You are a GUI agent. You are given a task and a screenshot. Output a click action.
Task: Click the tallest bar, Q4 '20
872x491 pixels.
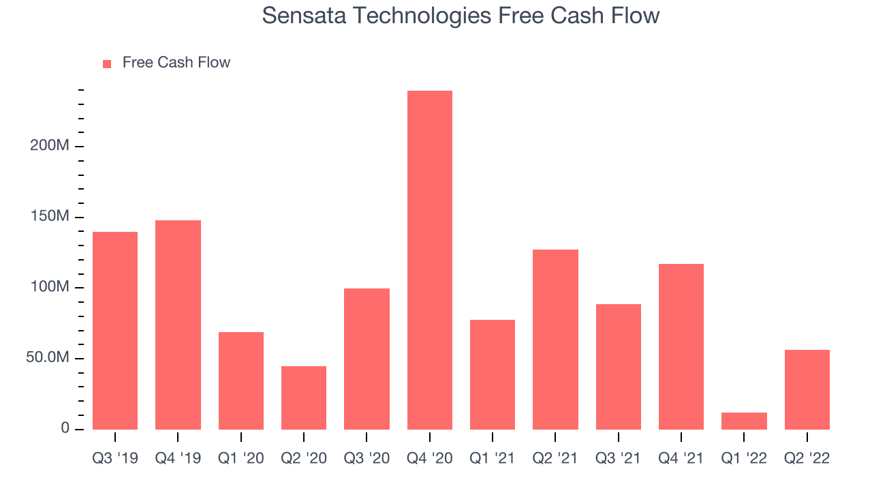pyautogui.click(x=430, y=260)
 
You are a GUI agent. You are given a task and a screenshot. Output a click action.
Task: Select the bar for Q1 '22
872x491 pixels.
pyautogui.click(x=744, y=421)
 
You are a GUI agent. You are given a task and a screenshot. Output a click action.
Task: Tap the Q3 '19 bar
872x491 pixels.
pyautogui.click(x=115, y=331)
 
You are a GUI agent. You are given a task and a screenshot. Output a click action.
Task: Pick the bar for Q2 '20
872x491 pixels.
pyautogui.click(x=304, y=398)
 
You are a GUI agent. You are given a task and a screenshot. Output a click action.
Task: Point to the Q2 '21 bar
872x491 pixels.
pyautogui.click(x=555, y=340)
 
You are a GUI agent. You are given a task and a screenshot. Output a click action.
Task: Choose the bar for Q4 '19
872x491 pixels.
pyautogui.click(x=178, y=325)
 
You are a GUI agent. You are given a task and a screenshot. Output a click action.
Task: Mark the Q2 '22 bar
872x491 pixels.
pyautogui.click(x=807, y=389)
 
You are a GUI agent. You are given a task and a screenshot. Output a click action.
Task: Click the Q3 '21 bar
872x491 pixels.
pyautogui.click(x=618, y=367)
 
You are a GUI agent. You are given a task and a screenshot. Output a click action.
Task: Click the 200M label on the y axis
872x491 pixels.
pyautogui.click(x=50, y=145)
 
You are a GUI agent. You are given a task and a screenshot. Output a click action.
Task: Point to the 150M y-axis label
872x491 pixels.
pyautogui.click(x=50, y=216)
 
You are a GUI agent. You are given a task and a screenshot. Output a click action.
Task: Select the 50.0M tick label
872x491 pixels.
pyautogui.click(x=48, y=357)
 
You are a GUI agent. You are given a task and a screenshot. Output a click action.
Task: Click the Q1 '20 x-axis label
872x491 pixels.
pyautogui.click(x=241, y=458)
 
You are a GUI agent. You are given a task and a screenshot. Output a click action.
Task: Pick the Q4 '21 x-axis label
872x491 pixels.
pyautogui.click(x=681, y=458)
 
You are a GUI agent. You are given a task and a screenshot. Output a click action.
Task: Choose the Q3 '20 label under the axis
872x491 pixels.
pyautogui.click(x=367, y=458)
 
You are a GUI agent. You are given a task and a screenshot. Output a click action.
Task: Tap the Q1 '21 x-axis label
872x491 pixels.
pyautogui.click(x=493, y=458)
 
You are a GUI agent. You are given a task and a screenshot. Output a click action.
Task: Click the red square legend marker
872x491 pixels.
pyautogui.click(x=107, y=64)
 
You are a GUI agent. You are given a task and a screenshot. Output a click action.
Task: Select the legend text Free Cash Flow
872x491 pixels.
pyautogui.click(x=176, y=62)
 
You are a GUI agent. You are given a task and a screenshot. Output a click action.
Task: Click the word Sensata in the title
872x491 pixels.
pyautogui.click(x=304, y=16)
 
